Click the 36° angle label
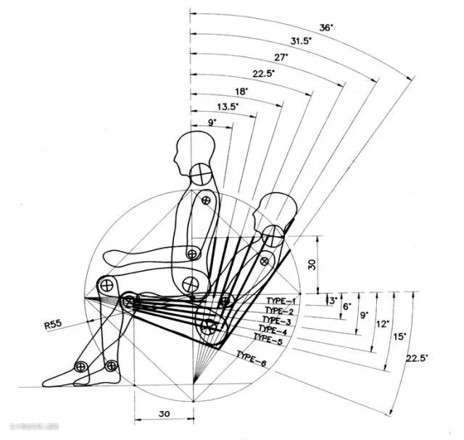[x=326, y=27]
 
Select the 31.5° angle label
[x=302, y=41]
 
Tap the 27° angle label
[x=279, y=57]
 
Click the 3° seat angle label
[x=331, y=299]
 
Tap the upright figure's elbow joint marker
[x=192, y=253]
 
